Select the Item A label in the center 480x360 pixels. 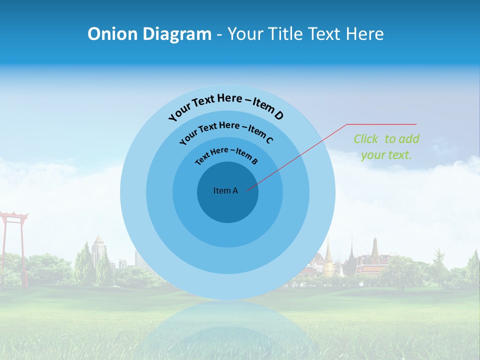pos(225,190)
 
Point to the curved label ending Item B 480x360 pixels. pos(226,155)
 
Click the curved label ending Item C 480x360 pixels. pos(226,132)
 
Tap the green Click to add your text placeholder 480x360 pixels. pos(386,146)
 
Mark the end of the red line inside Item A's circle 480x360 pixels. pos(247,189)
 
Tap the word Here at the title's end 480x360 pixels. pos(365,34)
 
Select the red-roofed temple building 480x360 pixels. pos(372,262)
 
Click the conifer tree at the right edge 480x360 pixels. pos(472,267)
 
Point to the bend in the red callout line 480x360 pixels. pos(347,124)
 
